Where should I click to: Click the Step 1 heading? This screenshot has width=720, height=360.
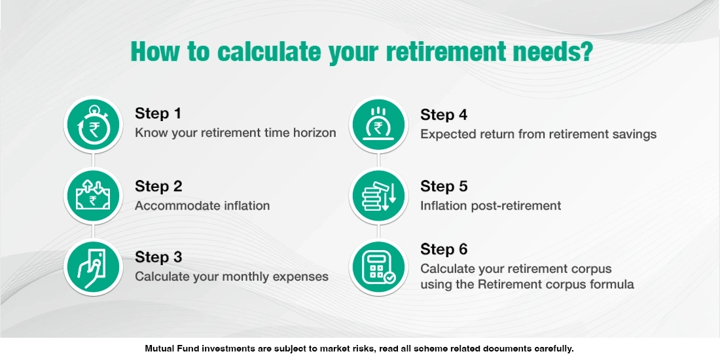[158, 113]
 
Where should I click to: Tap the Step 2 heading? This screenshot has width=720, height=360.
[158, 186]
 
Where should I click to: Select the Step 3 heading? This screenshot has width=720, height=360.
[158, 257]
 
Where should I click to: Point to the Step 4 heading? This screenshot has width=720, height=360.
[444, 115]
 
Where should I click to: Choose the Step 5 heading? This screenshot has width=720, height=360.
[444, 186]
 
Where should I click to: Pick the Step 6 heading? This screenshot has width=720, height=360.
[444, 249]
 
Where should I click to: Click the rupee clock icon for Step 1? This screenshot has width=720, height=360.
[94, 125]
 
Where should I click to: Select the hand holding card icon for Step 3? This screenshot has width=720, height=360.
[94, 267]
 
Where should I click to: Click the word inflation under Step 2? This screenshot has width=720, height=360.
[245, 206]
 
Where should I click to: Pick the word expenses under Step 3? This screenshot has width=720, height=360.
[302, 277]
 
